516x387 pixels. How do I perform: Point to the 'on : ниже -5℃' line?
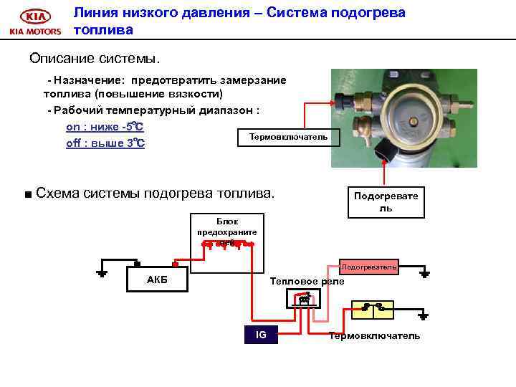coord(105,127)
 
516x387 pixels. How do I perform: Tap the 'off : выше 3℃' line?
coord(105,143)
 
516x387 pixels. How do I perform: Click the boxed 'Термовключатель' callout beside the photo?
coord(288,137)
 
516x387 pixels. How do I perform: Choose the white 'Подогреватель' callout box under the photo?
coord(386,201)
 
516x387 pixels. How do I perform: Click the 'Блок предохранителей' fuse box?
coord(227,233)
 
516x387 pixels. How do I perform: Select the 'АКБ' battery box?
coord(157,279)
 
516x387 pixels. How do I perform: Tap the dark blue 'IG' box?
coord(261,335)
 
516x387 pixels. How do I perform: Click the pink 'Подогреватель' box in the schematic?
coord(368,267)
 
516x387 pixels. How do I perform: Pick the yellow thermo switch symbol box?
coord(372,309)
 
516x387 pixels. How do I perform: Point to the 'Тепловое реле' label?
coord(307,282)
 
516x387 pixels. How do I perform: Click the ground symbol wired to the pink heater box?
coord(424,273)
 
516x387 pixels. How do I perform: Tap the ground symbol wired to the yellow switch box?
coord(424,315)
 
